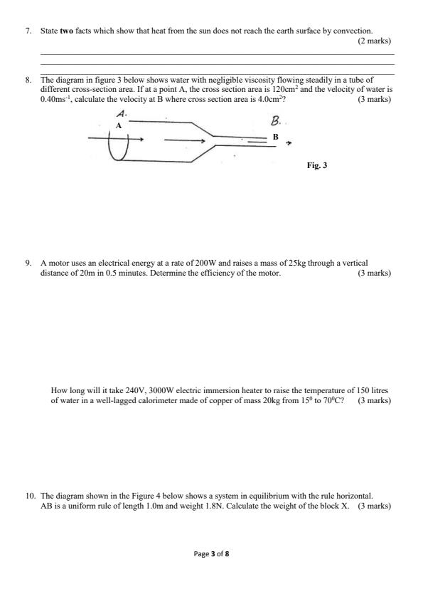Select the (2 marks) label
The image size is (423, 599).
pyautogui.click(x=374, y=41)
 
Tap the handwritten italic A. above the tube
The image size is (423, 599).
pyautogui.click(x=122, y=114)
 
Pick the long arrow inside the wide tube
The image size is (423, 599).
pyautogui.click(x=186, y=140)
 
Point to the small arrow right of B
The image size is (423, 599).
pyautogui.click(x=288, y=142)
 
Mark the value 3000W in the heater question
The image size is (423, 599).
pyautogui.click(x=146, y=391)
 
